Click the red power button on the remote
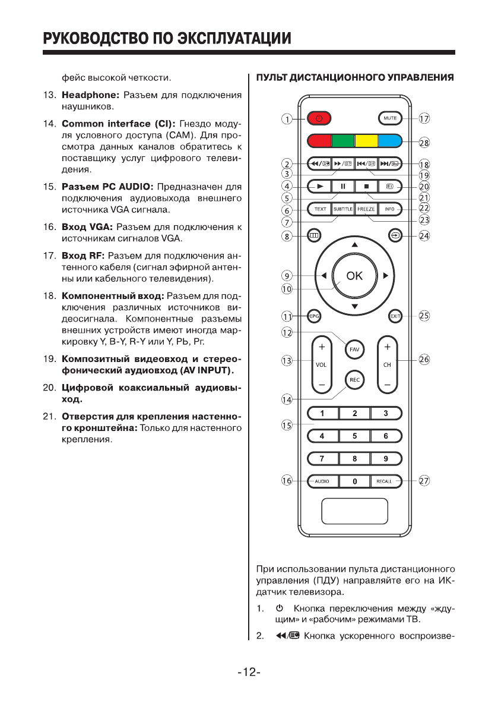tap(319, 118)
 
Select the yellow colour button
tap(366, 141)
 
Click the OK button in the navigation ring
tap(354, 275)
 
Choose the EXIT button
tap(395, 316)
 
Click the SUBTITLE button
tap(342, 209)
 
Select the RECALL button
tap(385, 481)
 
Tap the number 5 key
tap(354, 436)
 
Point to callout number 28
tap(424, 142)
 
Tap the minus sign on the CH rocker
tap(387, 385)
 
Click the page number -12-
tap(249, 673)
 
